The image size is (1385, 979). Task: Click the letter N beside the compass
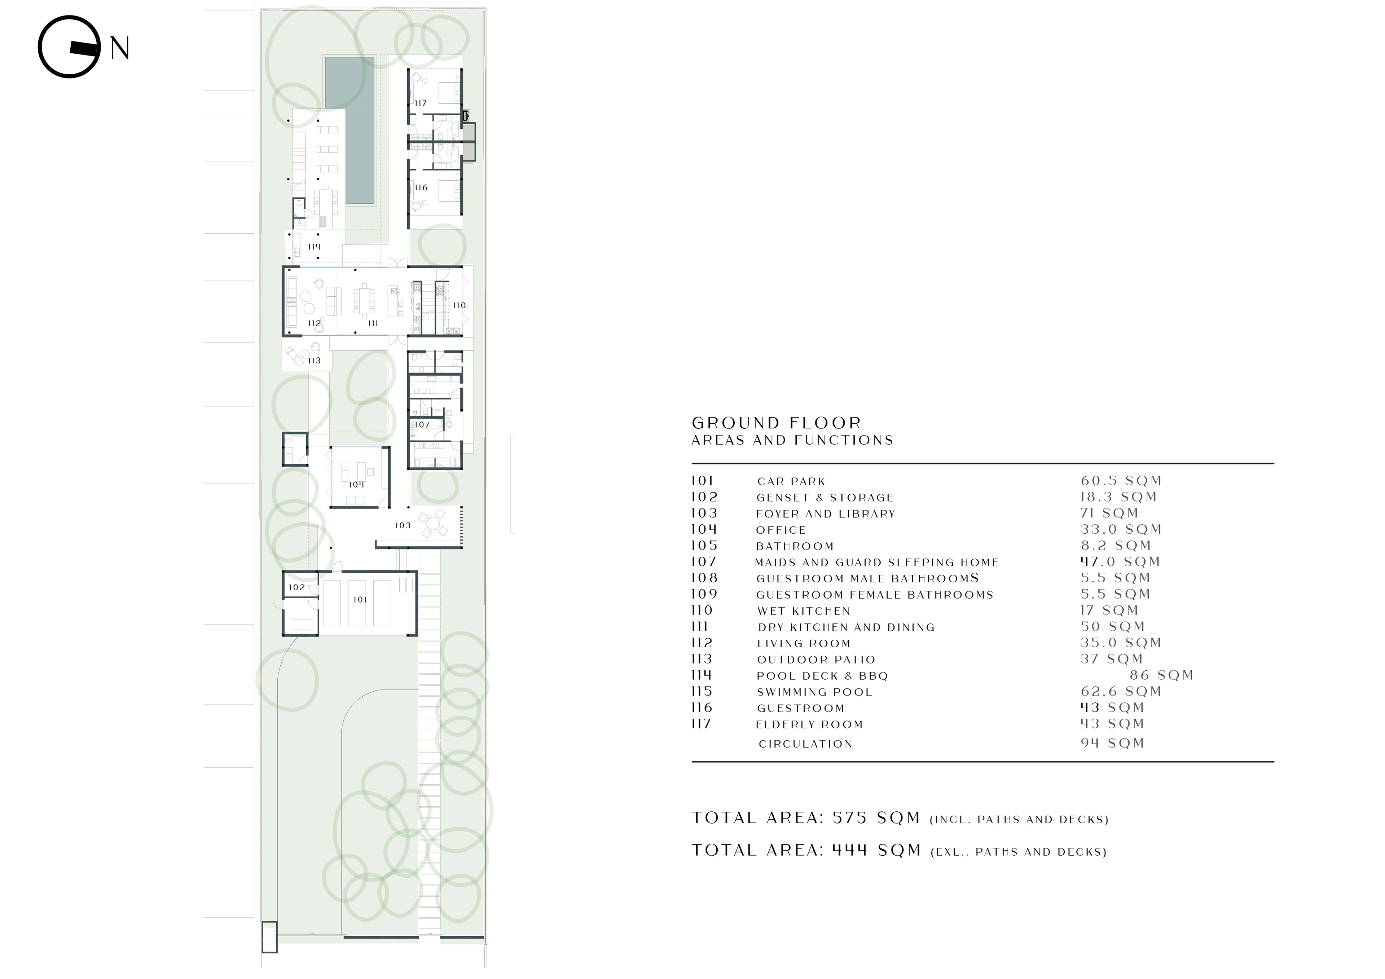[120, 48]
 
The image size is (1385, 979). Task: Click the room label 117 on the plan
[421, 103]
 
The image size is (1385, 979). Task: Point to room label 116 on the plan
[421, 188]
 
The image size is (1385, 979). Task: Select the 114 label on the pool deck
[314, 247]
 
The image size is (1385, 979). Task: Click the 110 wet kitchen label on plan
[460, 305]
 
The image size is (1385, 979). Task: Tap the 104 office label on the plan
[356, 484]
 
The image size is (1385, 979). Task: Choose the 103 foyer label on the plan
[403, 525]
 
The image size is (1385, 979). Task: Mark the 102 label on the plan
[297, 587]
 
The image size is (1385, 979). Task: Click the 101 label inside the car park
[360, 600]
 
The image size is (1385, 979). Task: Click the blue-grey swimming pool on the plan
[350, 130]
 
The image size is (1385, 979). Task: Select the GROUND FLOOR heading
[776, 423]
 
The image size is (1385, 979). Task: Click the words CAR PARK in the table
[791, 481]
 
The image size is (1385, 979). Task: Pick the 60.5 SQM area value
[1121, 481]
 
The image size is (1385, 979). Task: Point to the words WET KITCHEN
[804, 611]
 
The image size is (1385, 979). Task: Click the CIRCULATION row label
[806, 744]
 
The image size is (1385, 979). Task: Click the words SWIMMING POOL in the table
[815, 692]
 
